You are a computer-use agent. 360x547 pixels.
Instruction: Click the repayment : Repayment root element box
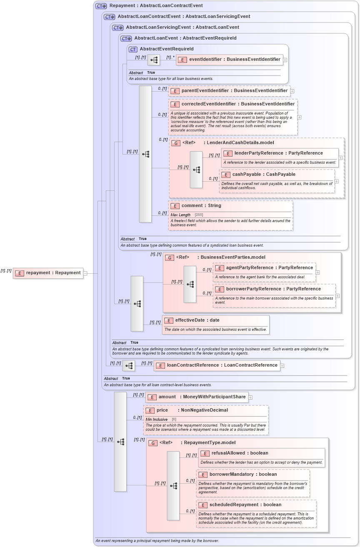(x=48, y=273)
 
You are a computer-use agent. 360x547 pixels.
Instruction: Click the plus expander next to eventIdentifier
(x=285, y=60)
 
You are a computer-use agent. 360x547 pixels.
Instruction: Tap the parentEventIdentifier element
(x=233, y=90)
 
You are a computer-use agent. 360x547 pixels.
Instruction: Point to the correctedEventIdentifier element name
(x=238, y=104)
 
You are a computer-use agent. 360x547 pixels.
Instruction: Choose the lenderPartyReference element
(x=278, y=153)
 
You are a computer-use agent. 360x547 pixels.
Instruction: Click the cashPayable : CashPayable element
(x=264, y=175)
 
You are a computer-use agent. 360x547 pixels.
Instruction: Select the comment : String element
(x=201, y=206)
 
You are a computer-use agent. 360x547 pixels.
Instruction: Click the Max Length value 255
(x=199, y=215)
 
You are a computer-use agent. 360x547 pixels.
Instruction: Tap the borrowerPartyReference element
(x=273, y=289)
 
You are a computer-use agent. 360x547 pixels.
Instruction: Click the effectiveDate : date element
(x=197, y=320)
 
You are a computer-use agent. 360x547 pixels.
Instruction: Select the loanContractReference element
(x=222, y=365)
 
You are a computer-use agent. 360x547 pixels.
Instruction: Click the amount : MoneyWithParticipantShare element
(x=202, y=397)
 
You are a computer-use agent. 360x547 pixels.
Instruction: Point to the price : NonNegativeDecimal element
(x=192, y=410)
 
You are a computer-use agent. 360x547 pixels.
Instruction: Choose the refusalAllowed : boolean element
(x=240, y=453)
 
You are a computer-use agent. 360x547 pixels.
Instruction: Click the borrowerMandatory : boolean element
(x=243, y=475)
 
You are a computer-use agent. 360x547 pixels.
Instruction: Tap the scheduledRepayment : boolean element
(x=245, y=505)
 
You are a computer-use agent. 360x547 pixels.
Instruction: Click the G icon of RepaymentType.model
(x=153, y=443)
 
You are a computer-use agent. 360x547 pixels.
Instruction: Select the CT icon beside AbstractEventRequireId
(x=133, y=49)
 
